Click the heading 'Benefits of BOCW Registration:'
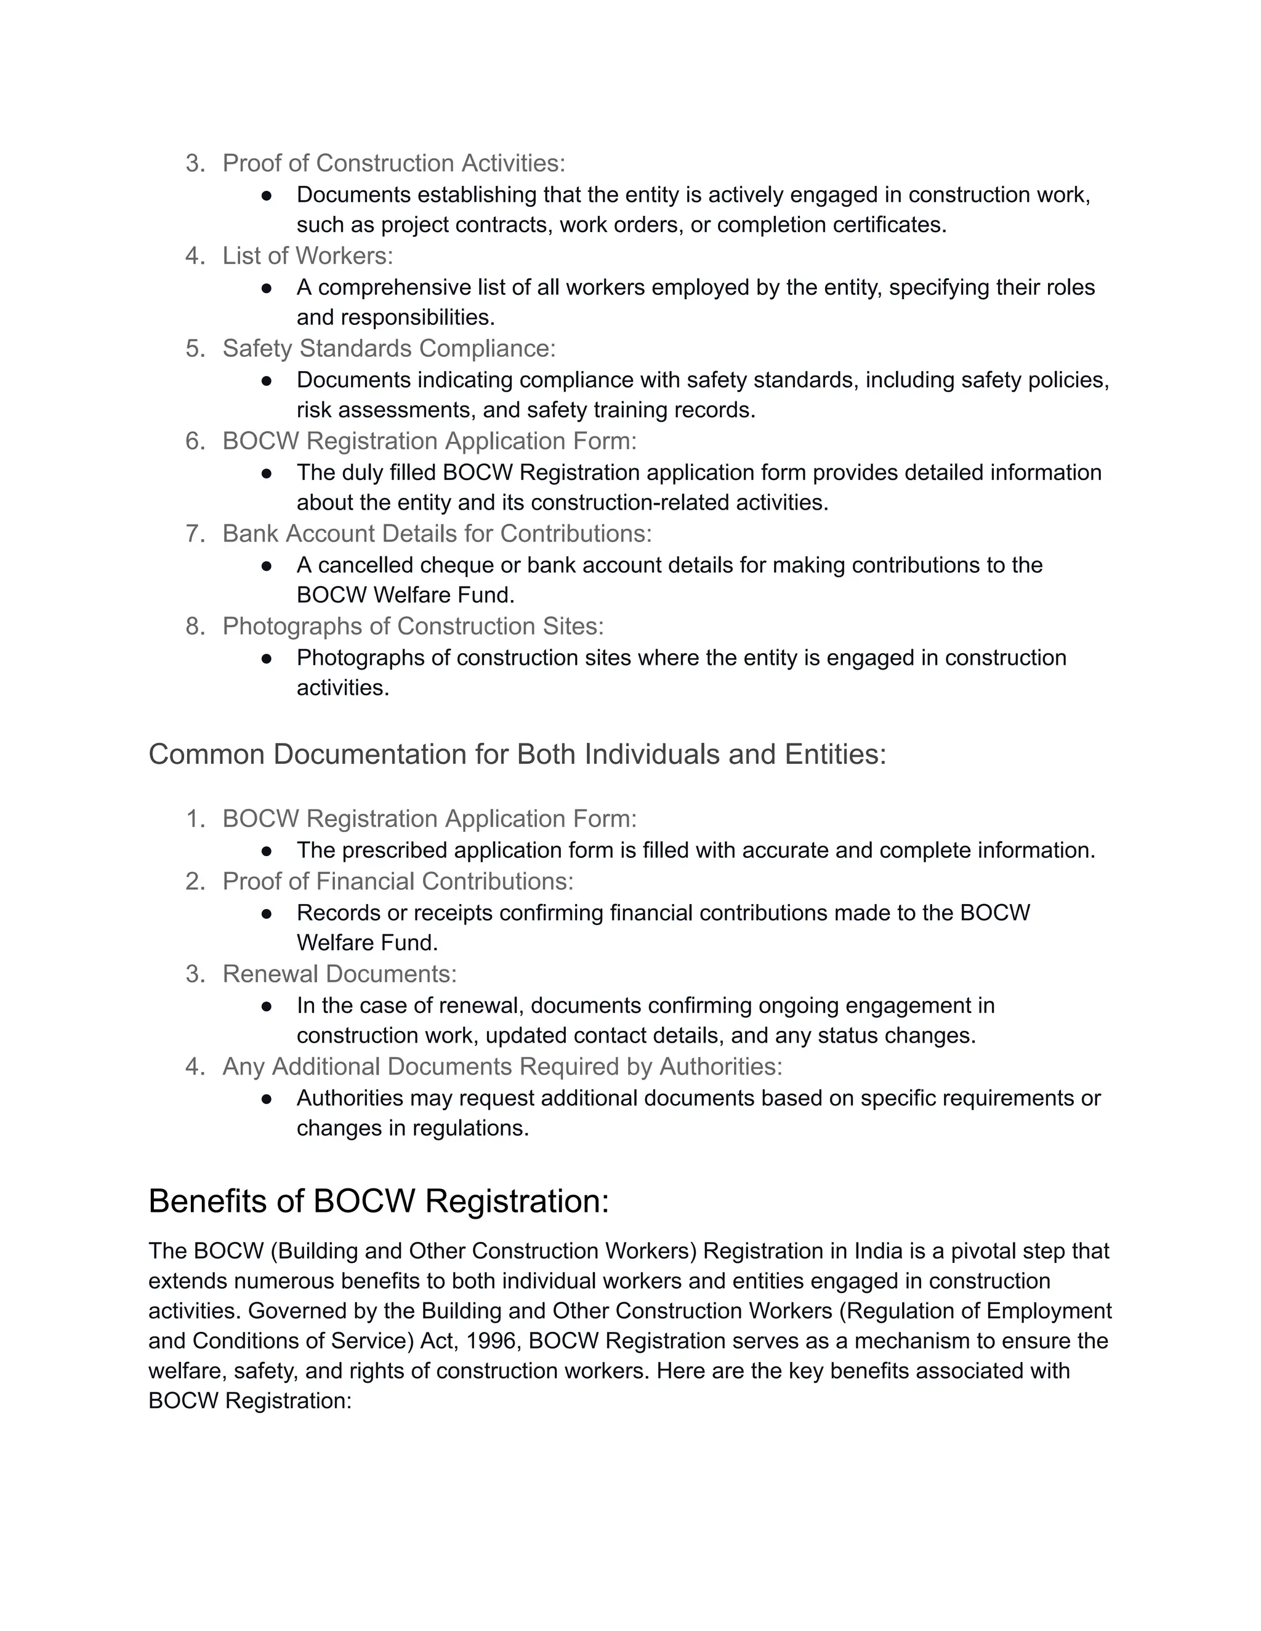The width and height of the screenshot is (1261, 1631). click(x=379, y=1201)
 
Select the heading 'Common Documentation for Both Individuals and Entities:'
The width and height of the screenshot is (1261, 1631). click(x=517, y=755)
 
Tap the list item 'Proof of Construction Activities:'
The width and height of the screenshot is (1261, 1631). click(x=393, y=163)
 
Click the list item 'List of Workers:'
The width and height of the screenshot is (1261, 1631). click(x=307, y=255)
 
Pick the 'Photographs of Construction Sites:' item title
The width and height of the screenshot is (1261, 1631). click(x=413, y=626)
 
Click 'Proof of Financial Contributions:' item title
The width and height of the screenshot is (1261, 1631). click(x=397, y=881)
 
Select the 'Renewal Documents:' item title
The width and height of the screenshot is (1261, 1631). click(x=339, y=974)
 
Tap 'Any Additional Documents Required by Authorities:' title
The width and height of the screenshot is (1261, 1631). click(x=502, y=1067)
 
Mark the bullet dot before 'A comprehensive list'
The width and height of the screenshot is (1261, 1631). click(x=267, y=287)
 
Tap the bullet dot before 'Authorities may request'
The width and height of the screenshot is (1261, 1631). click(x=267, y=1099)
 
